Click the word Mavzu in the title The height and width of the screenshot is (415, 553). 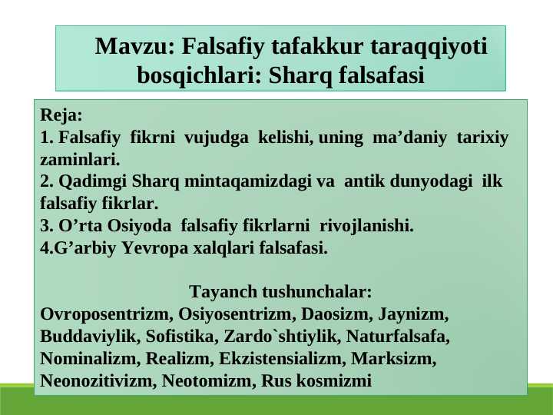(135, 46)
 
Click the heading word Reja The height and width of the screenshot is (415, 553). (61, 115)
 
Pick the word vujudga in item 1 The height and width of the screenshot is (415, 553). (216, 138)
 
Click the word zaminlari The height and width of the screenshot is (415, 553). (80, 160)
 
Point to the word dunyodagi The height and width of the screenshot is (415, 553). (431, 181)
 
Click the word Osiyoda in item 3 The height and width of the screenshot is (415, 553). (139, 226)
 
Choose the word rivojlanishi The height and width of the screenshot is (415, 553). (366, 226)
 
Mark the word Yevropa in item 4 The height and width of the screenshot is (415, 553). (155, 248)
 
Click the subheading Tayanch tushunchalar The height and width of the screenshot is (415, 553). (280, 292)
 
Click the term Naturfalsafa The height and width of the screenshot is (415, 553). (398, 336)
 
